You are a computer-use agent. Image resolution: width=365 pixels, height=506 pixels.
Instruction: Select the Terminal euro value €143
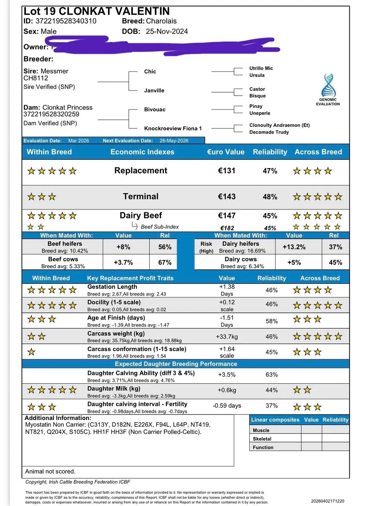tap(227, 196)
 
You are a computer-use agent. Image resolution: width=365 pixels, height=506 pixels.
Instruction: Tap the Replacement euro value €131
tap(227, 171)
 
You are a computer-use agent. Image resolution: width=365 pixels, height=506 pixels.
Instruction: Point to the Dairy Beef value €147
tap(227, 215)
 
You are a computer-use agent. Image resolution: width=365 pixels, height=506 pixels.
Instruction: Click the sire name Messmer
tap(55, 71)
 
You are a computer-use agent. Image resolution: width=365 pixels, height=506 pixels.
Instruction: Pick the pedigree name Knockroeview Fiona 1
tap(173, 128)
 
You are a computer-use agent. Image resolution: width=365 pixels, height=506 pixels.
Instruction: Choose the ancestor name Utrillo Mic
tap(261, 68)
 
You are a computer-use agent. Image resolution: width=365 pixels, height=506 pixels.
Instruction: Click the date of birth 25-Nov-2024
tap(167, 31)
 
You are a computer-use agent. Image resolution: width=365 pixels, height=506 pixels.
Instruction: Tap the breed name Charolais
tap(162, 21)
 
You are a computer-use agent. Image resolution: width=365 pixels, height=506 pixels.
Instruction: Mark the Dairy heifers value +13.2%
tap(294, 247)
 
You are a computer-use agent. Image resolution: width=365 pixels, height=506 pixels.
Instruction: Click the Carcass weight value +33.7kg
tap(227, 336)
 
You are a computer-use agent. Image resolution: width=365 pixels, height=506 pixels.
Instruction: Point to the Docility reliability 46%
tap(272, 304)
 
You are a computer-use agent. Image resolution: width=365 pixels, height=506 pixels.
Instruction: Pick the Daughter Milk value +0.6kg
tap(227, 390)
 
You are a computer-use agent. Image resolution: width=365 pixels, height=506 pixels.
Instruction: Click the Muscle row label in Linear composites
tap(261, 430)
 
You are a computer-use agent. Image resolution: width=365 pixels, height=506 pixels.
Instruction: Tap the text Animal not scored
tap(50, 471)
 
